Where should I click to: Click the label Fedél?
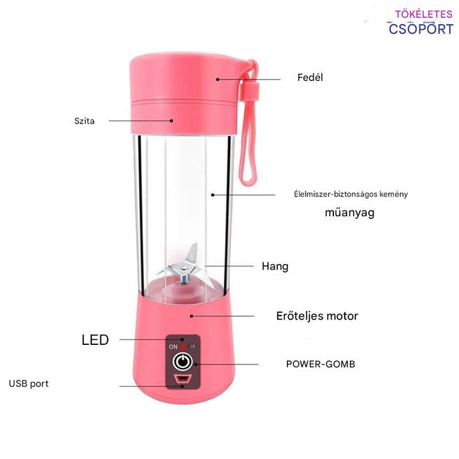tap(310, 78)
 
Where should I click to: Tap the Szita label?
tap(84, 120)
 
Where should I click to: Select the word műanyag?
tap(350, 212)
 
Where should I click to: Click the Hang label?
tap(275, 266)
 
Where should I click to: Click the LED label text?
tap(95, 340)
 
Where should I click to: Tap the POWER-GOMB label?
tap(320, 364)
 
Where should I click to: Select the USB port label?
tap(29, 384)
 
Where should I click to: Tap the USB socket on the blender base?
tap(182, 381)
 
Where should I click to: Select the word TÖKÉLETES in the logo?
tap(424, 13)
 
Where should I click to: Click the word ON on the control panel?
tap(173, 346)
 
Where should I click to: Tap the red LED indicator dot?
tap(183, 346)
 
